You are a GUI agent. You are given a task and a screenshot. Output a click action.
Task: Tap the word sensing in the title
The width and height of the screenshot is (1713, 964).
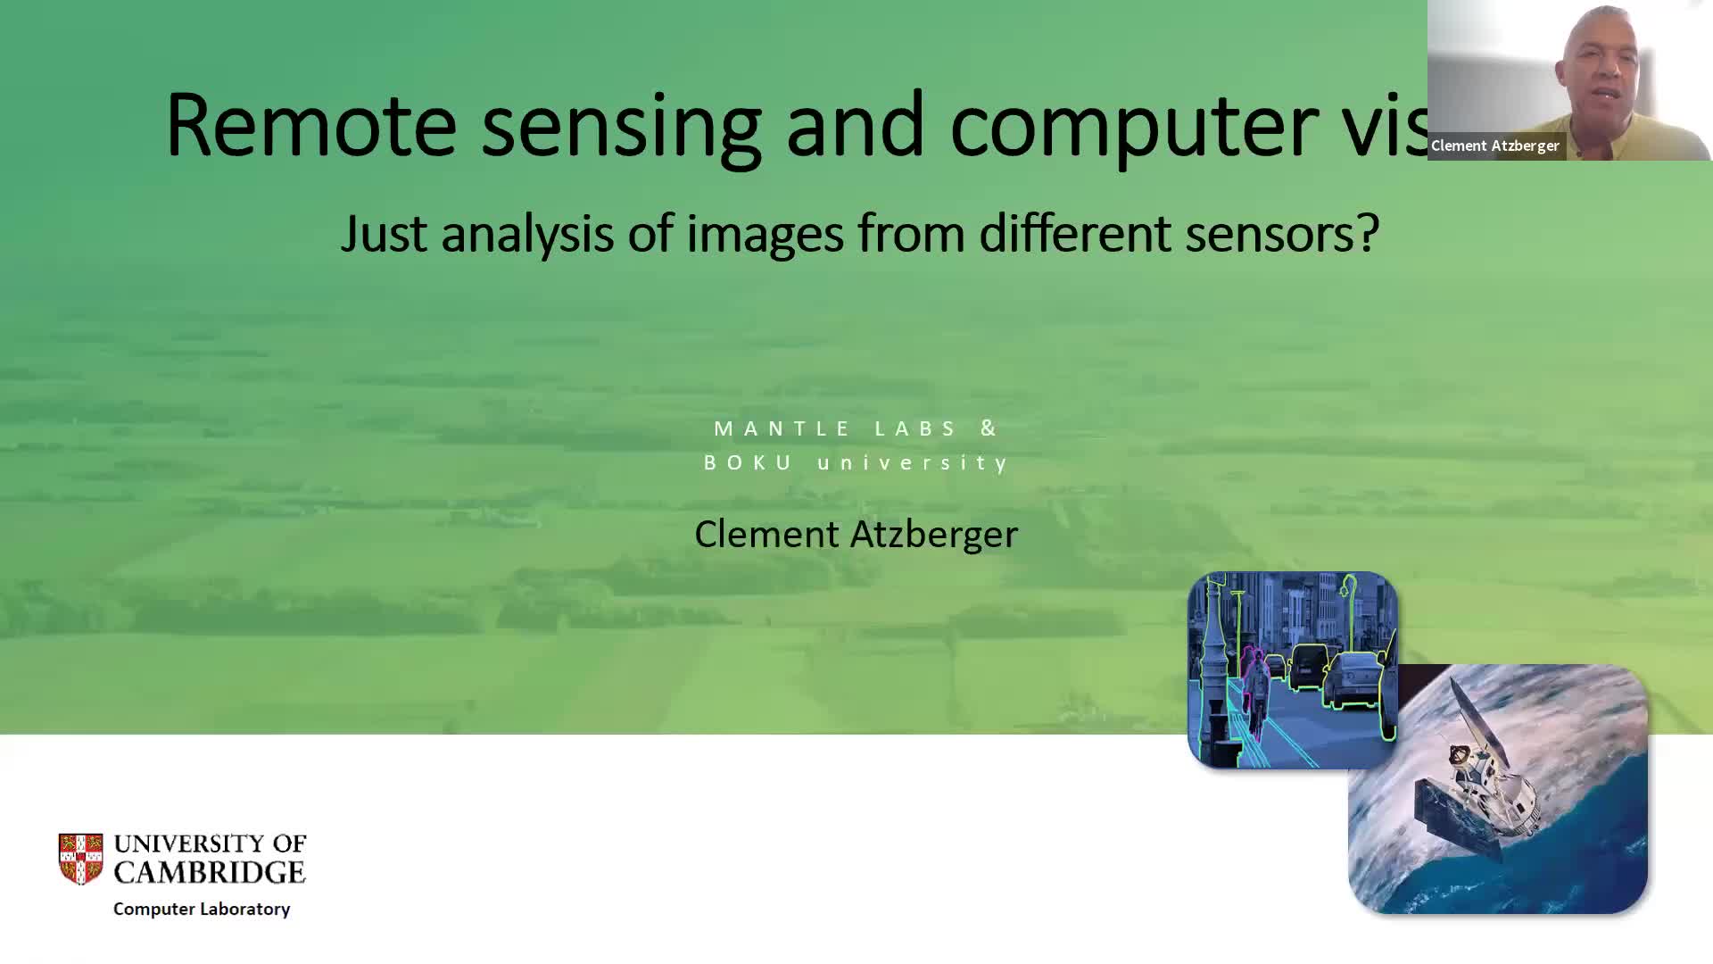tap(622, 130)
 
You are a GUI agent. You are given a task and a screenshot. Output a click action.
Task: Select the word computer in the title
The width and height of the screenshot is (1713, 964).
tap(1134, 130)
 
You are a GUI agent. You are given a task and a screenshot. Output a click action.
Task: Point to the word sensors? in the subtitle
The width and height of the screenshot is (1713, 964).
tap(1282, 234)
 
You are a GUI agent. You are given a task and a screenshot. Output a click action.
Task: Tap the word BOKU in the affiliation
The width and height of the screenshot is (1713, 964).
tap(748, 462)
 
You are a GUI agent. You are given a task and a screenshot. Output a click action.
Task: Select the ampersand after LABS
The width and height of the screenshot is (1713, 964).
tap(989, 428)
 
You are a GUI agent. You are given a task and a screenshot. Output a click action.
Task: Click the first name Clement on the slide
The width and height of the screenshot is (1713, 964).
tap(766, 534)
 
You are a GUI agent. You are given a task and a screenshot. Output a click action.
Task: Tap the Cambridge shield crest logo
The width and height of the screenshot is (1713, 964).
tap(80, 859)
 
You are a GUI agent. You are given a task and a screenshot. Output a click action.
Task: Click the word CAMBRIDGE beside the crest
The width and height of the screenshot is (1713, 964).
tap(210, 872)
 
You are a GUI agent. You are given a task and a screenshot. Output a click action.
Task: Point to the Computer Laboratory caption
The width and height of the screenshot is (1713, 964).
tap(202, 909)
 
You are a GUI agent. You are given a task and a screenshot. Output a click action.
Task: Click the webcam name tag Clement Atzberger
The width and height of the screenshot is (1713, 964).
tap(1495, 145)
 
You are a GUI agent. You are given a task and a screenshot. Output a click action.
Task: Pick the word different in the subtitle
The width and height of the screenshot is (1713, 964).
tap(1075, 234)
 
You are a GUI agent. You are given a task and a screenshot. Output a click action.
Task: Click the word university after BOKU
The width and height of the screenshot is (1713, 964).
tap(913, 463)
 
